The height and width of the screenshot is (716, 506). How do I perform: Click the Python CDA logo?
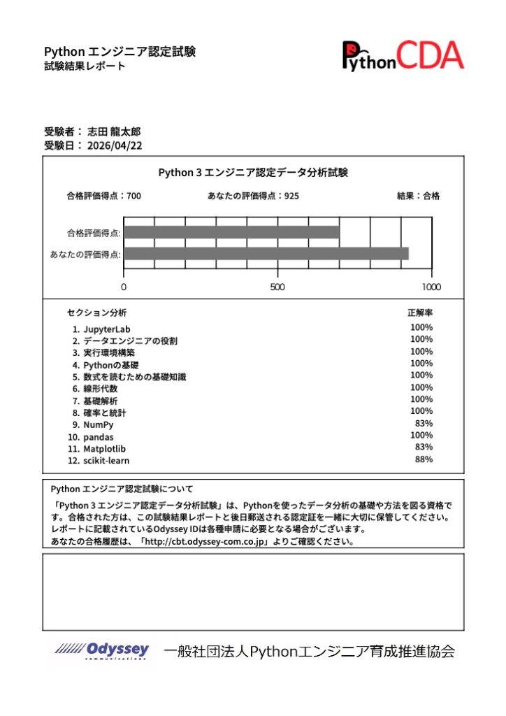pos(403,55)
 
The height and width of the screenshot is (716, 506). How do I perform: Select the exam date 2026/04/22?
pos(113,145)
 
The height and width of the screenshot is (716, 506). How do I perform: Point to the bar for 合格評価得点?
pos(231,232)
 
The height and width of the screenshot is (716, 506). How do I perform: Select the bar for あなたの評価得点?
pos(266,254)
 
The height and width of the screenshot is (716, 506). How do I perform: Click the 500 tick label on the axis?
pos(277,287)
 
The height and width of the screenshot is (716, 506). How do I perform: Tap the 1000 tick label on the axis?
pos(431,287)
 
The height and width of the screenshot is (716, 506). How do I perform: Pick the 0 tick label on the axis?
pos(124,287)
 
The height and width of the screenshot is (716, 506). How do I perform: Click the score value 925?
pos(291,196)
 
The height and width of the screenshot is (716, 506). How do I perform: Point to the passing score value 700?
pos(133,196)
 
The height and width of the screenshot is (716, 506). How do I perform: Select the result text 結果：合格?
pos(419,196)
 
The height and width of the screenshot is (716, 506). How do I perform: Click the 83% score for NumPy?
pos(424,423)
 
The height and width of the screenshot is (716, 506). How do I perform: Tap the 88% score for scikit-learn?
pos(424,459)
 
